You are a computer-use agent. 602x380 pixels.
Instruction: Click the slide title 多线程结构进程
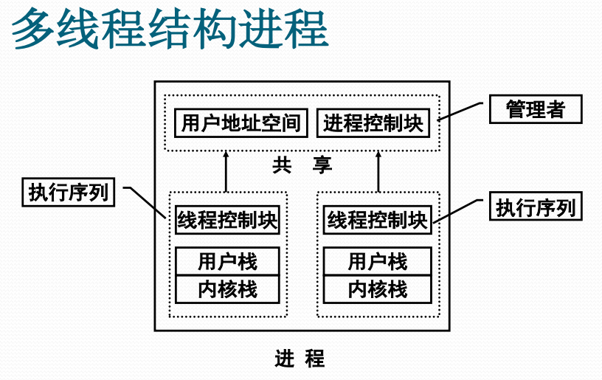pyautogui.click(x=170, y=30)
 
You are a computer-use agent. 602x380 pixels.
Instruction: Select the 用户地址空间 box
pyautogui.click(x=241, y=122)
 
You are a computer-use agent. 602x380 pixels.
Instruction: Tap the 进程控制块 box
pyautogui.click(x=374, y=122)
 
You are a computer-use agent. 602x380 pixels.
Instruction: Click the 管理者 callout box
pyautogui.click(x=536, y=110)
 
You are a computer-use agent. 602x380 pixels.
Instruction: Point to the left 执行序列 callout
pyautogui.click(x=69, y=192)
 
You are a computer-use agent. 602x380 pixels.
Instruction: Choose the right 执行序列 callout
pyautogui.click(x=536, y=207)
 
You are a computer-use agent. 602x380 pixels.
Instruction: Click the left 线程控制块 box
pyautogui.click(x=227, y=220)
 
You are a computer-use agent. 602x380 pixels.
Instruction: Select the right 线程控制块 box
pyautogui.click(x=378, y=220)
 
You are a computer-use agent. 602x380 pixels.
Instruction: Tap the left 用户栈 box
pyautogui.click(x=227, y=261)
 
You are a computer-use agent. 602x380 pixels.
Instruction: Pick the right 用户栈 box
pyautogui.click(x=378, y=261)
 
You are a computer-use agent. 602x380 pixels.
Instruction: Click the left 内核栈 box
pyautogui.click(x=227, y=289)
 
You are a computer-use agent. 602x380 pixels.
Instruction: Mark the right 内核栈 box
pyautogui.click(x=378, y=289)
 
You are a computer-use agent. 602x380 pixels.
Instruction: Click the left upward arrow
pyautogui.click(x=227, y=172)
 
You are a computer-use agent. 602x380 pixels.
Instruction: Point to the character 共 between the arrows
pyautogui.click(x=281, y=165)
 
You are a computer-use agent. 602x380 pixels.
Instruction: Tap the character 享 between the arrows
pyautogui.click(x=322, y=165)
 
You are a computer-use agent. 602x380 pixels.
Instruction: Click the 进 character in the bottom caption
pyautogui.click(x=284, y=359)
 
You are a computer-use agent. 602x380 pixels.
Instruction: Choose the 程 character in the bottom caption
pyautogui.click(x=315, y=359)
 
